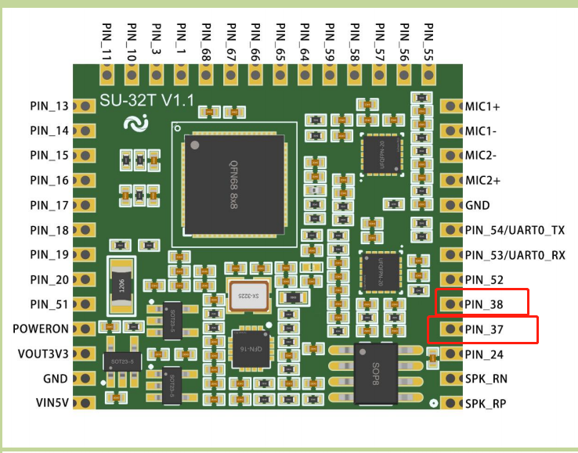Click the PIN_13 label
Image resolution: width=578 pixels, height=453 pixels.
[50, 106]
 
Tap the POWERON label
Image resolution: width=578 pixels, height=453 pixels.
[41, 329]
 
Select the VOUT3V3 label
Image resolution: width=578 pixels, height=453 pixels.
[43, 354]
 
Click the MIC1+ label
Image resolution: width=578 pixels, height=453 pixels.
[482, 106]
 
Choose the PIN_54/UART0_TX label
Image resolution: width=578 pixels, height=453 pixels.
[515, 230]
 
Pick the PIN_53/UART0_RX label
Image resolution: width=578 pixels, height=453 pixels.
[515, 255]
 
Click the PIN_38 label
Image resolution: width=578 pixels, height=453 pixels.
[484, 304]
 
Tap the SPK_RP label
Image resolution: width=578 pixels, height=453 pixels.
[486, 404]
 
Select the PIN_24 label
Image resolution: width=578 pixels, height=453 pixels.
[484, 354]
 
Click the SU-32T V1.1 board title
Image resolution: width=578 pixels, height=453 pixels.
[146, 100]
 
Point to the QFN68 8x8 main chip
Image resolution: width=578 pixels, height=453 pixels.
[233, 183]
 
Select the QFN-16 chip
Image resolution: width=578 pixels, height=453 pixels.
[251, 348]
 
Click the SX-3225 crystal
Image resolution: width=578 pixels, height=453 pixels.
[248, 296]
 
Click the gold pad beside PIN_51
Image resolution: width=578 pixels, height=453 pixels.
[84, 304]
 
